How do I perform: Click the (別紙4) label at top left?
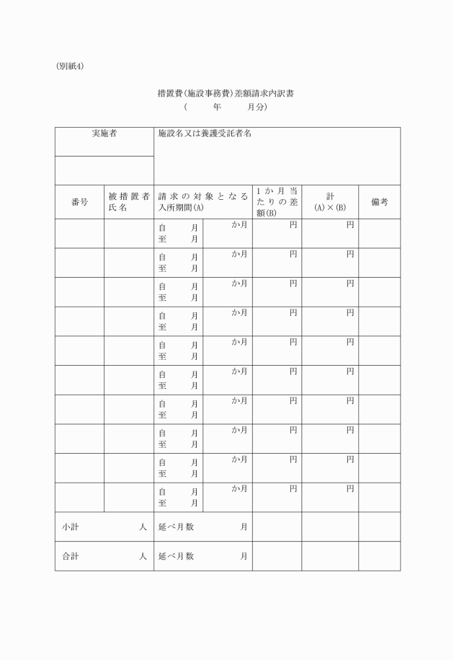(x=70, y=66)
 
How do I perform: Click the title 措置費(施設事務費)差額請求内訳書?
(x=226, y=93)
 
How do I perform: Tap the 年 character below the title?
(x=217, y=107)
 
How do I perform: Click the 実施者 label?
(x=104, y=133)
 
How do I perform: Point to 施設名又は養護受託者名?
(x=205, y=133)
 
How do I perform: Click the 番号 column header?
(x=80, y=202)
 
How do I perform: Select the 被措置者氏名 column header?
(x=129, y=202)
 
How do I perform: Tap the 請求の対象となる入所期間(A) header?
(x=202, y=202)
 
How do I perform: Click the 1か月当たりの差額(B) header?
(x=277, y=202)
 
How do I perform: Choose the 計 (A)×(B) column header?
(x=330, y=202)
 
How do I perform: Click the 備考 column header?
(x=380, y=202)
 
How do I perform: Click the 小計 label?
(x=71, y=527)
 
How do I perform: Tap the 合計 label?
(x=71, y=556)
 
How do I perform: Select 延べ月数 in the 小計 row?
(x=177, y=527)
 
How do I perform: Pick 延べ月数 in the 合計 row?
(x=177, y=556)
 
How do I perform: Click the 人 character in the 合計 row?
(x=143, y=556)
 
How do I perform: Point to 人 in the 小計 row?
(x=143, y=527)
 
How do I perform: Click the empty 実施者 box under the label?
(x=104, y=170)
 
